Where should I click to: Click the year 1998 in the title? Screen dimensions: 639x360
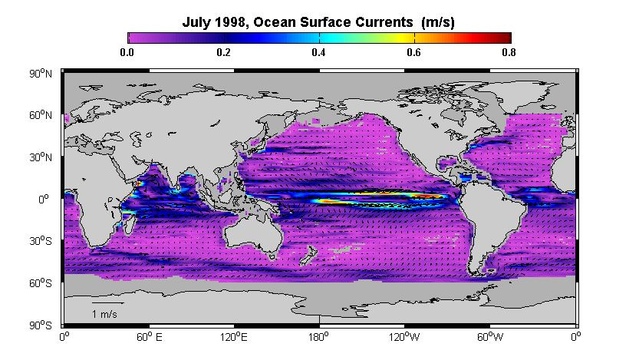point(229,21)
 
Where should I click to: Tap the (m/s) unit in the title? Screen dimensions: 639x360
point(438,22)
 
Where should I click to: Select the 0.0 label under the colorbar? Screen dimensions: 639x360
point(127,52)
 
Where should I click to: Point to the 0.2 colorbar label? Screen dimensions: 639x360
point(223,52)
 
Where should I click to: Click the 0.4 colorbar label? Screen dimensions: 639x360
point(318,52)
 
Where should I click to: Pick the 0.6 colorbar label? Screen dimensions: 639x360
point(413,52)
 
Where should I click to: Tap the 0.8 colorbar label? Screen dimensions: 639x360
point(509,52)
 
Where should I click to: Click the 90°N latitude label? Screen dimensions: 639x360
point(41,74)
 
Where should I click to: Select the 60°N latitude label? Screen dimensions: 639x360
point(41,115)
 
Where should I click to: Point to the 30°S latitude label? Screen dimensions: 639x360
point(41,241)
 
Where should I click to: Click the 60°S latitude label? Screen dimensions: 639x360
point(41,283)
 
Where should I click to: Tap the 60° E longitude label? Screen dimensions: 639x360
point(149,337)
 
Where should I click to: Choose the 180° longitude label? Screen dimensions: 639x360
point(318,337)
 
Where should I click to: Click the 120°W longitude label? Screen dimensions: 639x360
point(403,337)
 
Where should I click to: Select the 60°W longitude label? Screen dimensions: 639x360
point(490,337)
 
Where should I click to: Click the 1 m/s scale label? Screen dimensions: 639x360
point(104,315)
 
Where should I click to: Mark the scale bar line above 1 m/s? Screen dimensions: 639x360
point(108,303)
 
